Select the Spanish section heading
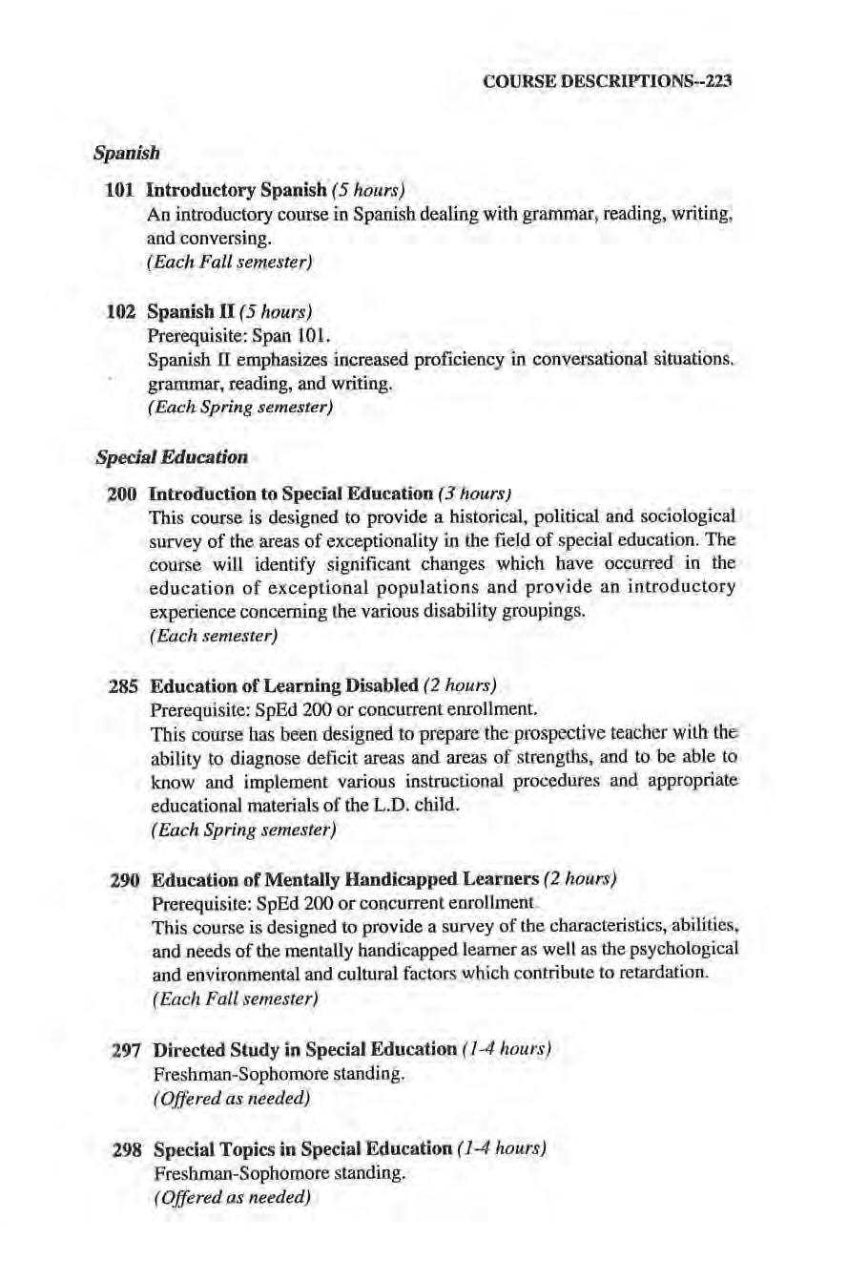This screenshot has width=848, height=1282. point(126,152)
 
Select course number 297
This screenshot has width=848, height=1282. point(128,1049)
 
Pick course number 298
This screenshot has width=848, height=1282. point(128,1145)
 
